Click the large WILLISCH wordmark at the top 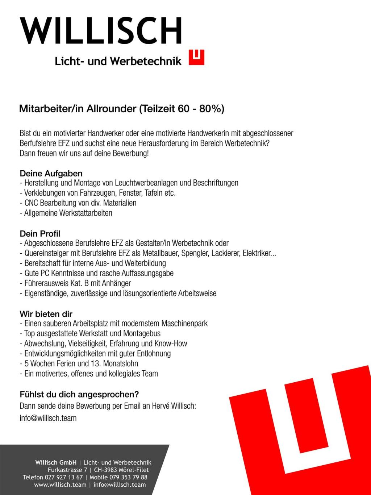click(101, 31)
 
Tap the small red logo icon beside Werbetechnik click(196, 57)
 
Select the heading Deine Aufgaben click(51, 173)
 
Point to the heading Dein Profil click(40, 234)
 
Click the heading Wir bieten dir click(46, 314)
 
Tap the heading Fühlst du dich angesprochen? click(79, 394)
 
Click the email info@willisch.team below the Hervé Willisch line click(48, 418)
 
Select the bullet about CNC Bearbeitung click(78, 203)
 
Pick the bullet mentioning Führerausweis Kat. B click(75, 283)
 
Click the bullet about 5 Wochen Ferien click(79, 363)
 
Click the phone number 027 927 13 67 click(64, 477)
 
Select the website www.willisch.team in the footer click(60, 485)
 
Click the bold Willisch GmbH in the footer click(56, 462)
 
